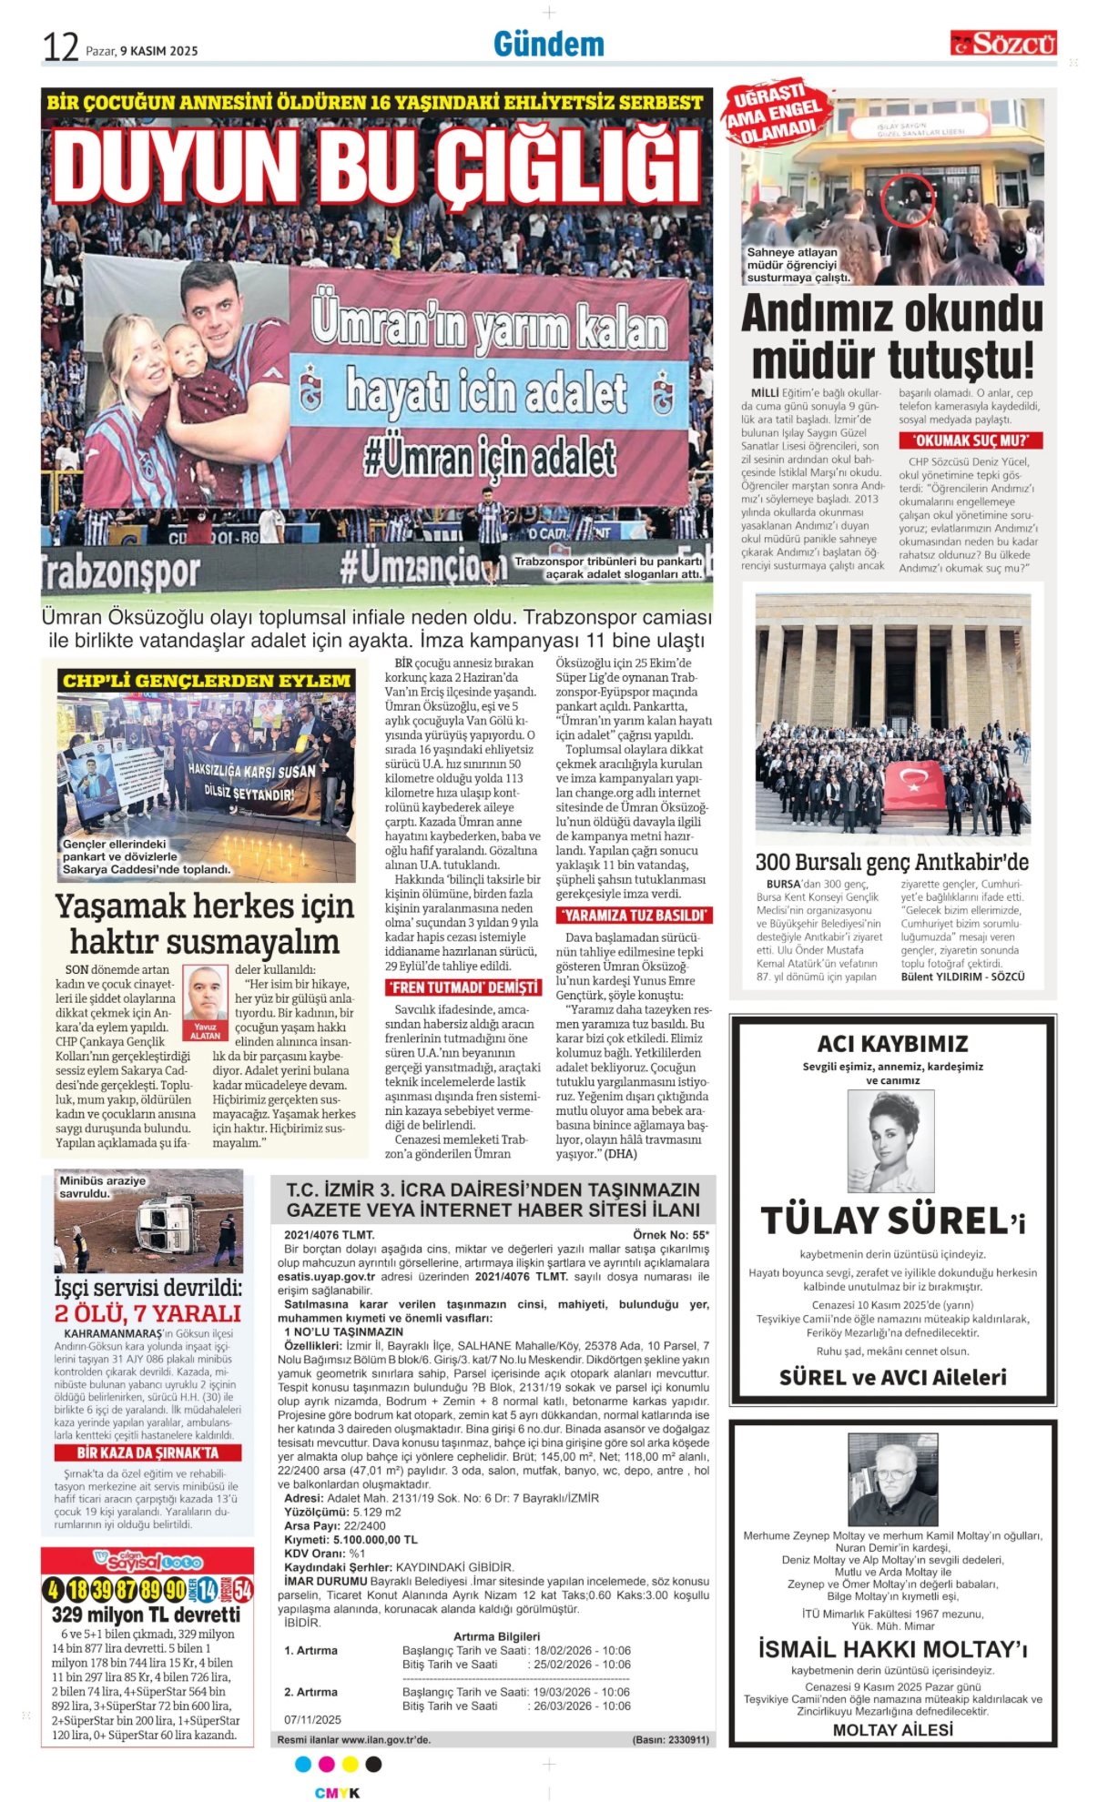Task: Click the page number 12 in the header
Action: [x=60, y=46]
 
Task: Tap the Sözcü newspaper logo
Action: [x=1003, y=43]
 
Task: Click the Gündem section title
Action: [x=548, y=44]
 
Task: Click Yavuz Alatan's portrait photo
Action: [x=205, y=994]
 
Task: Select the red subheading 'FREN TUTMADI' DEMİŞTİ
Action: [x=463, y=987]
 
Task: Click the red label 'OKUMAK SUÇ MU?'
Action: [x=970, y=440]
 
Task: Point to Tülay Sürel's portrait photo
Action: [x=890, y=1140]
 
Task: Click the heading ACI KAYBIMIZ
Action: [x=892, y=1043]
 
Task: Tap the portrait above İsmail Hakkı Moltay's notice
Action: [x=893, y=1479]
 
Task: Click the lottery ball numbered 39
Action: [x=101, y=1590]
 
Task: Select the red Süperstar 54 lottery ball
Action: [x=242, y=1590]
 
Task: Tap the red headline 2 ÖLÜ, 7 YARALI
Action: [x=147, y=1312]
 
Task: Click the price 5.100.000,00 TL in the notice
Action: [x=375, y=1540]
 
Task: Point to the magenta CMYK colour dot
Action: [x=327, y=1764]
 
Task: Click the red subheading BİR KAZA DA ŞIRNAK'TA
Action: [x=147, y=1453]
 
